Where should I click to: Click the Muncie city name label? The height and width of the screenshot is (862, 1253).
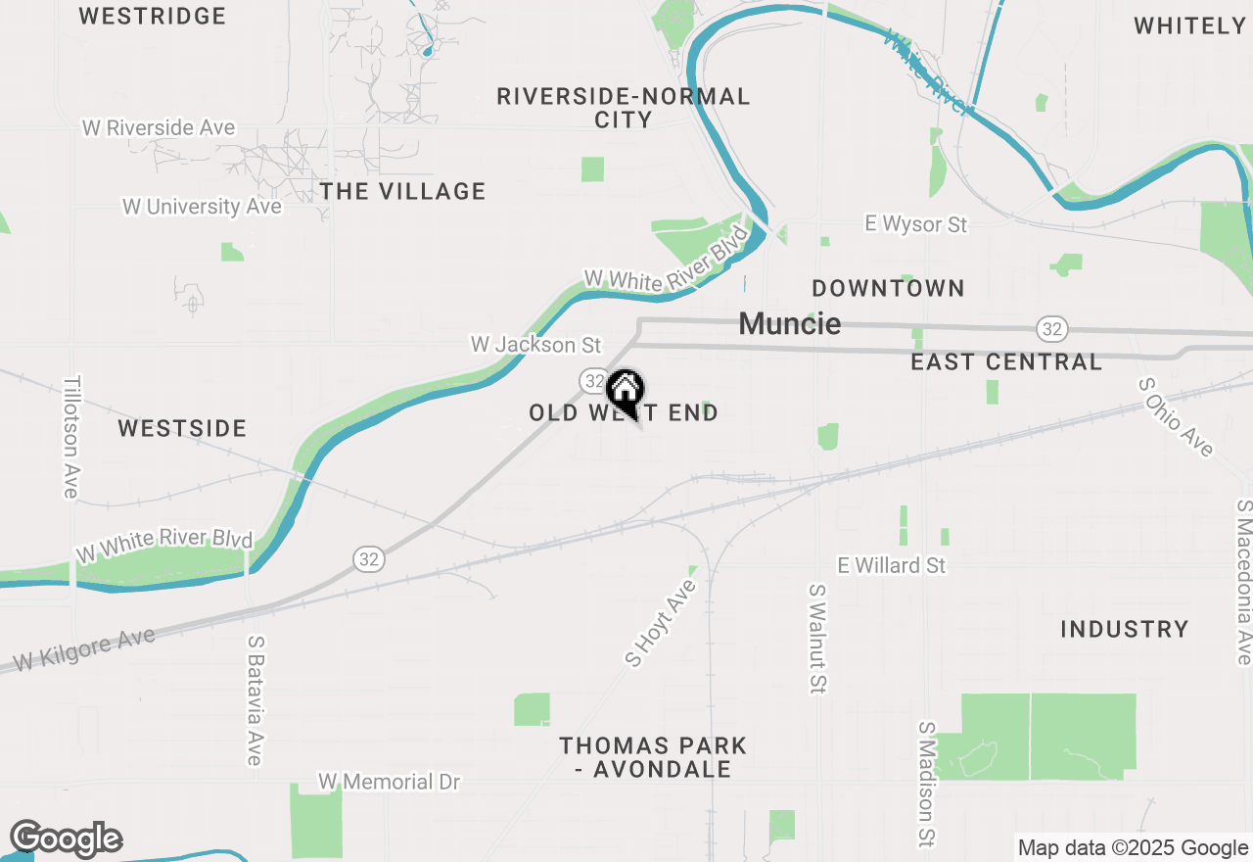[789, 323]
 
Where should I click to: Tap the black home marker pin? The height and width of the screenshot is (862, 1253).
[625, 393]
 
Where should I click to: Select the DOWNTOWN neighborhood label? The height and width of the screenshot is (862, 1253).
[888, 288]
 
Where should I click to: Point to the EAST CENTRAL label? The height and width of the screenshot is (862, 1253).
[1006, 362]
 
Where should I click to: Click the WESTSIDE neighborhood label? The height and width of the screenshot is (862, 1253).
[182, 428]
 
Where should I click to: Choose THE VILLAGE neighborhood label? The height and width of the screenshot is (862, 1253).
[403, 191]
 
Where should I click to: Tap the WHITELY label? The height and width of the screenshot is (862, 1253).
[1189, 26]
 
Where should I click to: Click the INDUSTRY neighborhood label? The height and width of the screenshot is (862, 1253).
[1124, 629]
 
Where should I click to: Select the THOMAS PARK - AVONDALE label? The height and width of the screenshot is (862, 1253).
[653, 757]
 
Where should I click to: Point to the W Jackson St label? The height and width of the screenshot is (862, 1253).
[535, 345]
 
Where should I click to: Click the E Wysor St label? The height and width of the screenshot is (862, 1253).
[916, 224]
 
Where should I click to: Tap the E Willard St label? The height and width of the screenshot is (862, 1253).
[892, 565]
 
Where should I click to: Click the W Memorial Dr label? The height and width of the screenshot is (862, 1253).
[389, 782]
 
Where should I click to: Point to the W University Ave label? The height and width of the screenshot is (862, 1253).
[202, 207]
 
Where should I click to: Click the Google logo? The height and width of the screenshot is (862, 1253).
[66, 839]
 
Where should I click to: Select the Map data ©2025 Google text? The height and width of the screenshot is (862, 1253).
[1133, 848]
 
